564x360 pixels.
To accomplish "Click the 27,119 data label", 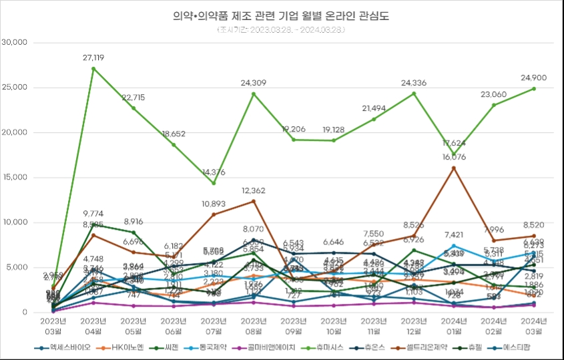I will [x=93, y=58].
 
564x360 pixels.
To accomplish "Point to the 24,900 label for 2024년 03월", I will [x=533, y=78].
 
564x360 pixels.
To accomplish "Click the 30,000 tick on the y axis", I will [x=14, y=42].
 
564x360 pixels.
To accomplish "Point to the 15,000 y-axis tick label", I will [x=14, y=177].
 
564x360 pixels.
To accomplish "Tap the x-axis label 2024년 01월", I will [x=454, y=325].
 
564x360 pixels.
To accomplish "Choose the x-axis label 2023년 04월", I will [x=93, y=325].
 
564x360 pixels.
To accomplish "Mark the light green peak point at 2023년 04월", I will [x=93, y=68].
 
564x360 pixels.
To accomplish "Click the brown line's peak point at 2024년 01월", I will [x=454, y=168].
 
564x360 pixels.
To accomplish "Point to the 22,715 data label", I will [x=133, y=98].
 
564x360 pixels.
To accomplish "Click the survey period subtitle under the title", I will [x=282, y=29].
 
